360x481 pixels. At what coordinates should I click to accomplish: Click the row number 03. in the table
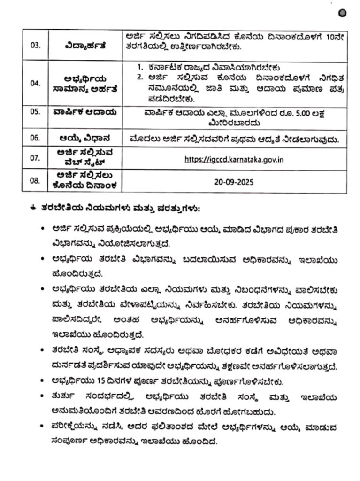[x=35, y=46]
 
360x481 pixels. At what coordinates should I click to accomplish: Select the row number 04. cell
[x=35, y=83]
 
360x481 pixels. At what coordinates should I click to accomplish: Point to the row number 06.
[x=35, y=138]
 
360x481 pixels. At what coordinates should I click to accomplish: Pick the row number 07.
[x=35, y=158]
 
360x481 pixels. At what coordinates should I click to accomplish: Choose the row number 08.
[x=35, y=180]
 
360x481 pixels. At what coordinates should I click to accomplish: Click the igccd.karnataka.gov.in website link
[x=234, y=159]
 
